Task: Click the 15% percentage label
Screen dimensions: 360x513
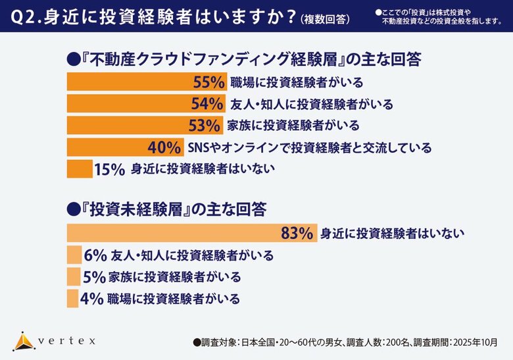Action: pyautogui.click(x=109, y=168)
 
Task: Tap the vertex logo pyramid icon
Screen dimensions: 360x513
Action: pyautogui.click(x=23, y=341)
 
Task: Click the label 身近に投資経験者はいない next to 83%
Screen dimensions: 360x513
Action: pyautogui.click(x=393, y=233)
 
